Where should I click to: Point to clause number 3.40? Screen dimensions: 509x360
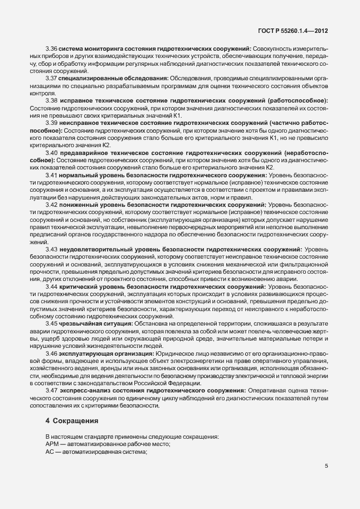click(x=51, y=153)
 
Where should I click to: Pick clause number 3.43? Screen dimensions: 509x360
click(x=51, y=248)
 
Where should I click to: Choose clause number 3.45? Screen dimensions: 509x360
click(x=51, y=323)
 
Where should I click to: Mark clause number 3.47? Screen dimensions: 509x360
click(x=51, y=391)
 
